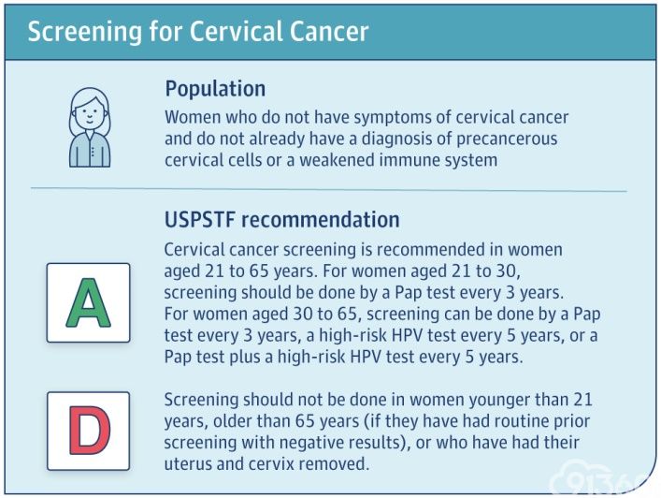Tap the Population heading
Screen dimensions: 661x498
pos(215,89)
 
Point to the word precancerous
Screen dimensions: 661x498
pos(507,139)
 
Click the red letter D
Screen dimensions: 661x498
pos(89,430)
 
